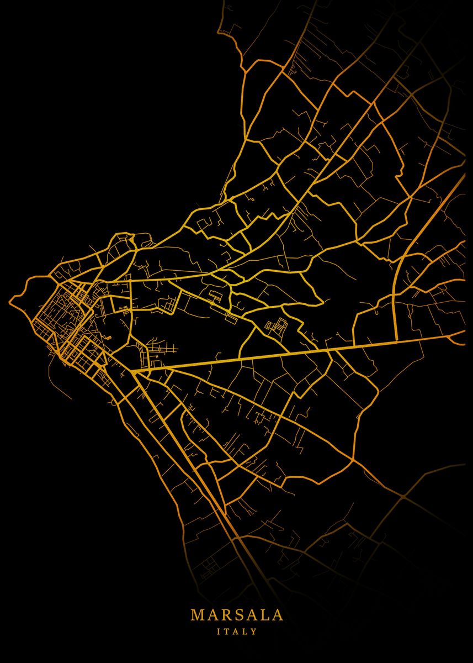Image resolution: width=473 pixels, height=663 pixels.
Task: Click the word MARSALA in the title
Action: [x=237, y=615]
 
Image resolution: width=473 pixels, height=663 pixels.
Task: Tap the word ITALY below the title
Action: [x=237, y=631]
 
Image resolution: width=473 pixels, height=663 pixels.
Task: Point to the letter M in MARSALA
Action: [x=197, y=615]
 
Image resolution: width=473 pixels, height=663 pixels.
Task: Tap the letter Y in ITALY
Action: [x=254, y=631]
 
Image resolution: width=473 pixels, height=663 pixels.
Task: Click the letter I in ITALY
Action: [x=219, y=631]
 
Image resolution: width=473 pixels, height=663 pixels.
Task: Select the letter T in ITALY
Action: [x=227, y=631]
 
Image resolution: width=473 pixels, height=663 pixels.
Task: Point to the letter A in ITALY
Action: [x=236, y=631]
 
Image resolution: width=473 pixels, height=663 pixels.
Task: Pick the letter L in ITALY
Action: [x=245, y=631]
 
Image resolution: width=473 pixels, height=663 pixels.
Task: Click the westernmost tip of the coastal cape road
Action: [x=10, y=301]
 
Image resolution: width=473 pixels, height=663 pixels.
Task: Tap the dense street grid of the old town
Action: [x=55, y=320]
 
